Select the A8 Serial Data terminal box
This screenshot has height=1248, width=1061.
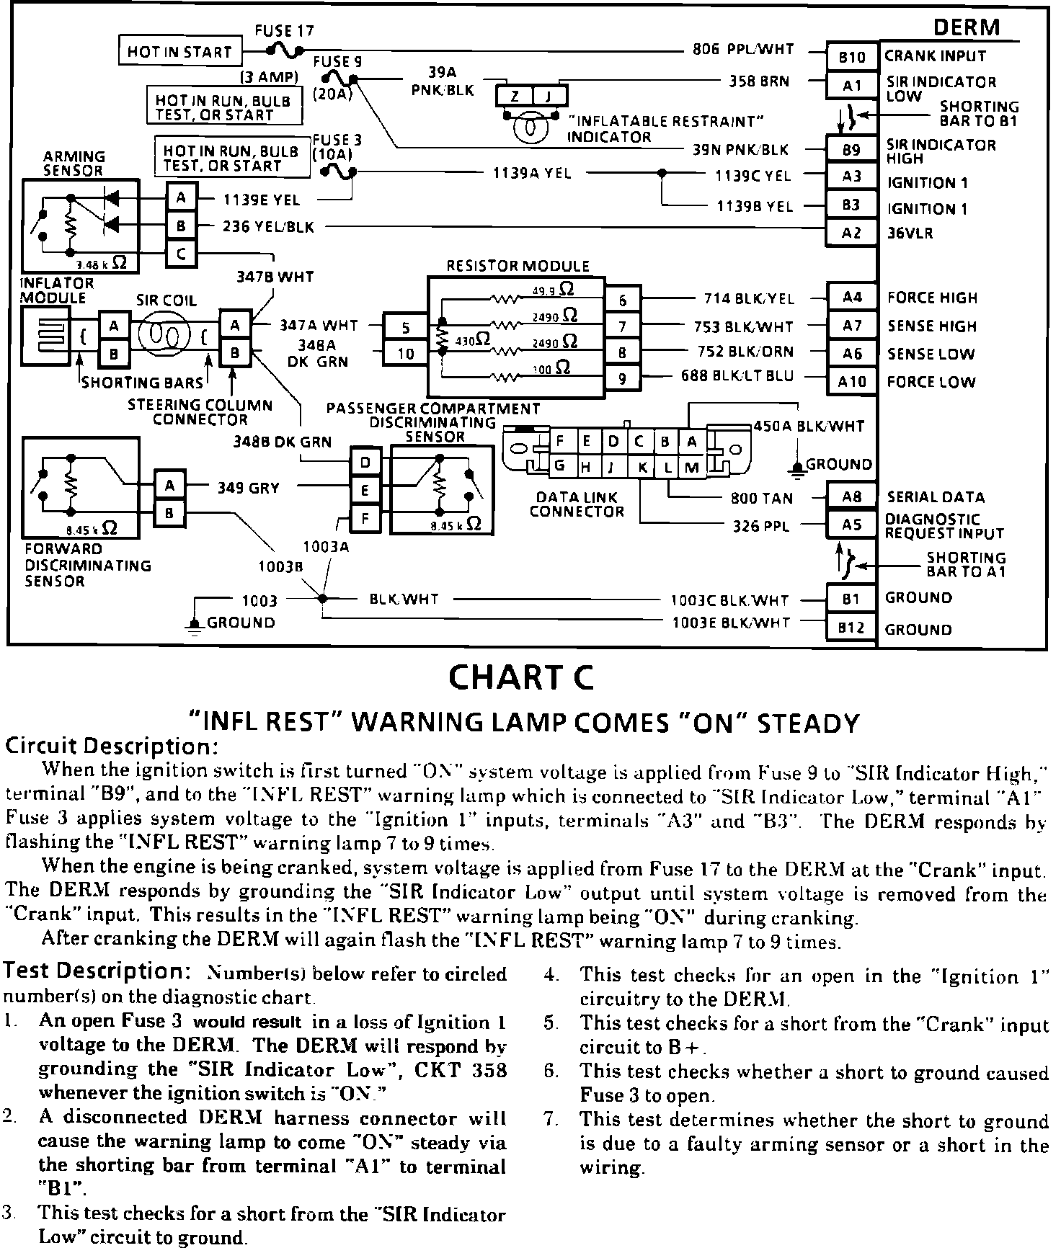click(x=852, y=496)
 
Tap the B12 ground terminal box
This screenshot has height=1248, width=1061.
click(x=852, y=628)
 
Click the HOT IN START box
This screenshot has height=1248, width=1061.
click(x=179, y=52)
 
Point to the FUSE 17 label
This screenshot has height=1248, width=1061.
click(x=284, y=31)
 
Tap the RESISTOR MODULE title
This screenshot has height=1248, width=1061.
click(x=518, y=266)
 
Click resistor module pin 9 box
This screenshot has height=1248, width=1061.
click(x=622, y=378)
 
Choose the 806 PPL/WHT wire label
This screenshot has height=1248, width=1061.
click(x=742, y=50)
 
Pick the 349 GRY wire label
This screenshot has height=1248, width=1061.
click(x=249, y=488)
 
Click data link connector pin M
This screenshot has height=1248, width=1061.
click(x=692, y=467)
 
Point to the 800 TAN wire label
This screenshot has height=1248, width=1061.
click(x=761, y=498)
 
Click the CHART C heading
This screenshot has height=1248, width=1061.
click(x=521, y=677)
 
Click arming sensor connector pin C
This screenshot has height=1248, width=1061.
click(x=182, y=254)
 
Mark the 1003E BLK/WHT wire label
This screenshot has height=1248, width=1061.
click(x=731, y=623)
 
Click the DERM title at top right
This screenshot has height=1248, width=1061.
click(x=967, y=27)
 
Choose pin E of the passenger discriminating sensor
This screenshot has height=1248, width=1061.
click(x=365, y=491)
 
